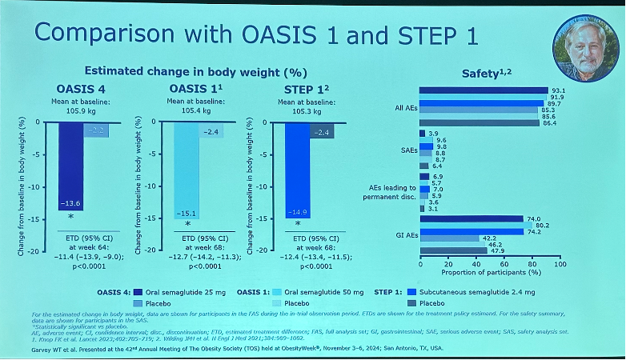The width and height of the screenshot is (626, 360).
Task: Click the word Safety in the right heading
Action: [x=480, y=74]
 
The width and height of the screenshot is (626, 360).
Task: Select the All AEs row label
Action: [x=399, y=107]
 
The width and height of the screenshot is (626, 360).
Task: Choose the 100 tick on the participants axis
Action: [x=560, y=264]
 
